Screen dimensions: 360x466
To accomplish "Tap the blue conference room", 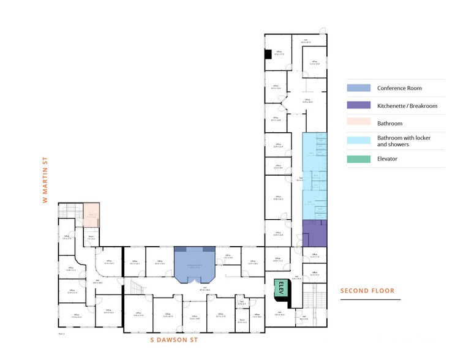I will point(194,263).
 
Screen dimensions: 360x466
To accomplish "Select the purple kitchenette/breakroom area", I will point(315,233).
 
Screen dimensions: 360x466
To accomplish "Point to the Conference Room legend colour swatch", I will point(359,88).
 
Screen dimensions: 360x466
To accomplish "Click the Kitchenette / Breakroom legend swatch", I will point(359,106).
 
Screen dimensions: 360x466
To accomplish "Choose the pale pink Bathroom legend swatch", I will point(359,123).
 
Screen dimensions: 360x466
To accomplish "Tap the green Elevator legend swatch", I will point(359,159).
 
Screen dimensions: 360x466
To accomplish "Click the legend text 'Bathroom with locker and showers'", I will point(404,141).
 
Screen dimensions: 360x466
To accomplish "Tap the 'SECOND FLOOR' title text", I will point(367,291).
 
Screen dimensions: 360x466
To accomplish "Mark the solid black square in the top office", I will point(268,54).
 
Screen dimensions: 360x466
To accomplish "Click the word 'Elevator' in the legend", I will point(388,159).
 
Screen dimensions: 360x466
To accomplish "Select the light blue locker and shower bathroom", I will point(315,174).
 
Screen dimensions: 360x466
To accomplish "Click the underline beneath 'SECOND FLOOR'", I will point(370,299).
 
